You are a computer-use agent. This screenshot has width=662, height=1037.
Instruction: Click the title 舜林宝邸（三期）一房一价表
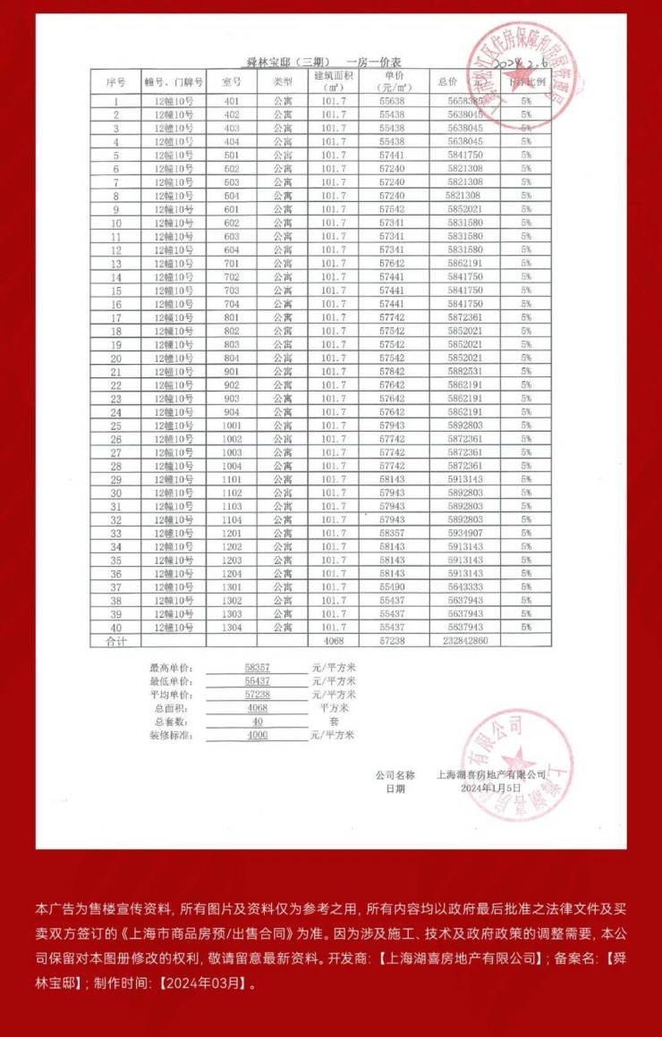point(324,61)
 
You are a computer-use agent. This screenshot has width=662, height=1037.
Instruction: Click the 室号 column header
point(232,81)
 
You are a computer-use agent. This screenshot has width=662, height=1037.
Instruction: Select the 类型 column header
point(283,81)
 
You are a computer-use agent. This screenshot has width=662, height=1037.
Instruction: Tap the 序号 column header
point(115,81)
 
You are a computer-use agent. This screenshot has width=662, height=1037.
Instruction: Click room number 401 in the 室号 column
point(232,101)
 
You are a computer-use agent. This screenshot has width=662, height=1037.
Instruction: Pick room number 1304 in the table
point(232,628)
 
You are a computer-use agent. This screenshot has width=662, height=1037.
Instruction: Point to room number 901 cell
point(232,371)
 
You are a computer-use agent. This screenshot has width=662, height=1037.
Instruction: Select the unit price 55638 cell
point(392,101)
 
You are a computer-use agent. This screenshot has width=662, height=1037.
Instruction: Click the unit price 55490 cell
point(392,587)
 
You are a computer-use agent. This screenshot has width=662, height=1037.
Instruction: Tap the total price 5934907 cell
point(466,533)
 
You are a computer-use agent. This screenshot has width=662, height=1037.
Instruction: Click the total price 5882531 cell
point(466,371)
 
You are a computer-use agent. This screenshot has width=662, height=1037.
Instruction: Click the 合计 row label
point(116,641)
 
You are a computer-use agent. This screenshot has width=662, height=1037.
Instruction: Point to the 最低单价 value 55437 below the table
point(257,681)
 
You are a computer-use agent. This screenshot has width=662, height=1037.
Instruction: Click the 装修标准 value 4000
point(257,735)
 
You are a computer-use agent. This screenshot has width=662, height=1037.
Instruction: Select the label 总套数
point(171,721)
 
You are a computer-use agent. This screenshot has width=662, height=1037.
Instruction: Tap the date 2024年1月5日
point(489,788)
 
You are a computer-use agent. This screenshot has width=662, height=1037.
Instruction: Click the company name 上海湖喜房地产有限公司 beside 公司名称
point(490,774)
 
